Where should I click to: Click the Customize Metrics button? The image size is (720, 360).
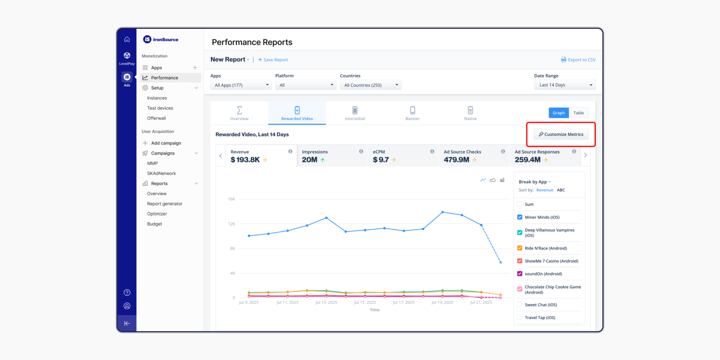click(561, 135)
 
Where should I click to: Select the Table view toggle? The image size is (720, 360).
click(578, 113)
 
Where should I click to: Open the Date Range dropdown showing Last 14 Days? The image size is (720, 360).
click(564, 85)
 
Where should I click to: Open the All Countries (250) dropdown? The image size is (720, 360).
click(370, 85)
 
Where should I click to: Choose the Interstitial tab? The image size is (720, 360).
click(355, 113)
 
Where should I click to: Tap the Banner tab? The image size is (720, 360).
click(412, 113)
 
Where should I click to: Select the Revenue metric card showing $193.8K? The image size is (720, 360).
click(261, 156)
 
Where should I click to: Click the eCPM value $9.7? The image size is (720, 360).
click(381, 160)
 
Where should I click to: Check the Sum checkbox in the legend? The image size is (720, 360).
click(519, 204)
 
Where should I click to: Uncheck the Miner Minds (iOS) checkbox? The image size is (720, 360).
click(519, 217)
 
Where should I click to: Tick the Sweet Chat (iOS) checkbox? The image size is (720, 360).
click(519, 305)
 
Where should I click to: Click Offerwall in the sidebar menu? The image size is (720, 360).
click(157, 118)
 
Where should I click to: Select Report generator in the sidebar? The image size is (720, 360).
click(165, 204)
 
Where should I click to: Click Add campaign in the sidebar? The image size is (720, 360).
click(166, 143)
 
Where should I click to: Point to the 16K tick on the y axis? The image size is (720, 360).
click(232, 199)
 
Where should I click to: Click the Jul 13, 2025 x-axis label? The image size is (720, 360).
click(326, 303)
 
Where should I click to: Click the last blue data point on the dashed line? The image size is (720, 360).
click(500, 262)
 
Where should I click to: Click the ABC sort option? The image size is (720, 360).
click(561, 190)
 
